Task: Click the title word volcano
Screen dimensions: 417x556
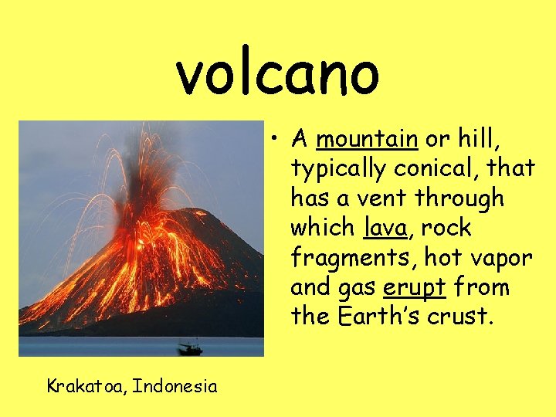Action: pos(278,72)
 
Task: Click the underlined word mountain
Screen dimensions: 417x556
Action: pos(367,139)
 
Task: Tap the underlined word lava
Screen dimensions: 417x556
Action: pos(378,229)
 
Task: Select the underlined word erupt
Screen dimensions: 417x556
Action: pos(414,288)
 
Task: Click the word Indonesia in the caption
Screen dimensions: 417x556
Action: pos(175,385)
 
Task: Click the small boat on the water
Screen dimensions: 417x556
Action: pos(189,349)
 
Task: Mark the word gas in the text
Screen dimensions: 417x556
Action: pos(357,288)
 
